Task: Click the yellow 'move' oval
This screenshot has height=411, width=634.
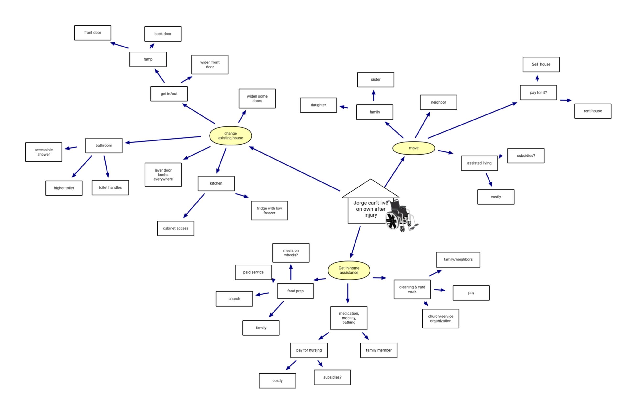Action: (414, 148)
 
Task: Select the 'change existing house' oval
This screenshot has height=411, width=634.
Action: (231, 136)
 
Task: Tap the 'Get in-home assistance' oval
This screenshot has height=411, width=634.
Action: (349, 270)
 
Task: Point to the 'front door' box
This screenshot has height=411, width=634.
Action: (92, 33)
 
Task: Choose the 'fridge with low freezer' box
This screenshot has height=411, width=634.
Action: (269, 210)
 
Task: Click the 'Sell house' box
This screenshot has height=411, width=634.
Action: (541, 64)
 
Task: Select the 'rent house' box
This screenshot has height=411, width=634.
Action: (592, 111)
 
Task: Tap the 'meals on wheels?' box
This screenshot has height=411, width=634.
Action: (291, 253)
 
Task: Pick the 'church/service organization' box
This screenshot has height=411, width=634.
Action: (440, 318)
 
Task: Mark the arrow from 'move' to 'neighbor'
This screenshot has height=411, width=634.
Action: (423, 125)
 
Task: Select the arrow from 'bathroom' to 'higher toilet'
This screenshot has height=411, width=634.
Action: (82, 166)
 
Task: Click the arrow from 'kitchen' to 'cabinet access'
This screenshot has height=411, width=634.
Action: (194, 206)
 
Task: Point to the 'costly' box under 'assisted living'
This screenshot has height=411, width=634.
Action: (495, 197)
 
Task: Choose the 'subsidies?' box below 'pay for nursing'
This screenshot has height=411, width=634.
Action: (332, 377)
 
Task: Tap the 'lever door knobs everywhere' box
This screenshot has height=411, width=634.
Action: (163, 175)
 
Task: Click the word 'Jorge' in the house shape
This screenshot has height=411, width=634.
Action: (360, 203)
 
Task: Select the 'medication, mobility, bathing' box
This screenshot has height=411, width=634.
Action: (349, 318)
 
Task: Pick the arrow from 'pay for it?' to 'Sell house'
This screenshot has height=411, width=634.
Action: (537, 78)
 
